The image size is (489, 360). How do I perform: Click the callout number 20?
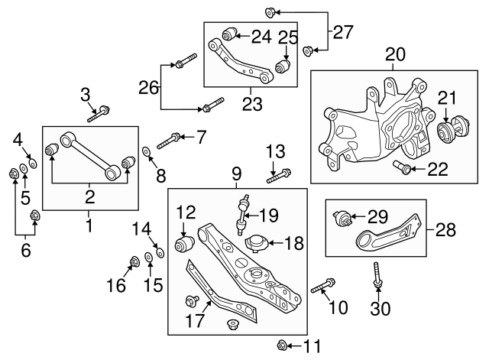click(x=394, y=54)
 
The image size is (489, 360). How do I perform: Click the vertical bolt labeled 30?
click(x=377, y=275)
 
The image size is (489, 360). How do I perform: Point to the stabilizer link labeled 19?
click(x=244, y=213)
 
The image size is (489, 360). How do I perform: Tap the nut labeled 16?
click(x=135, y=263)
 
